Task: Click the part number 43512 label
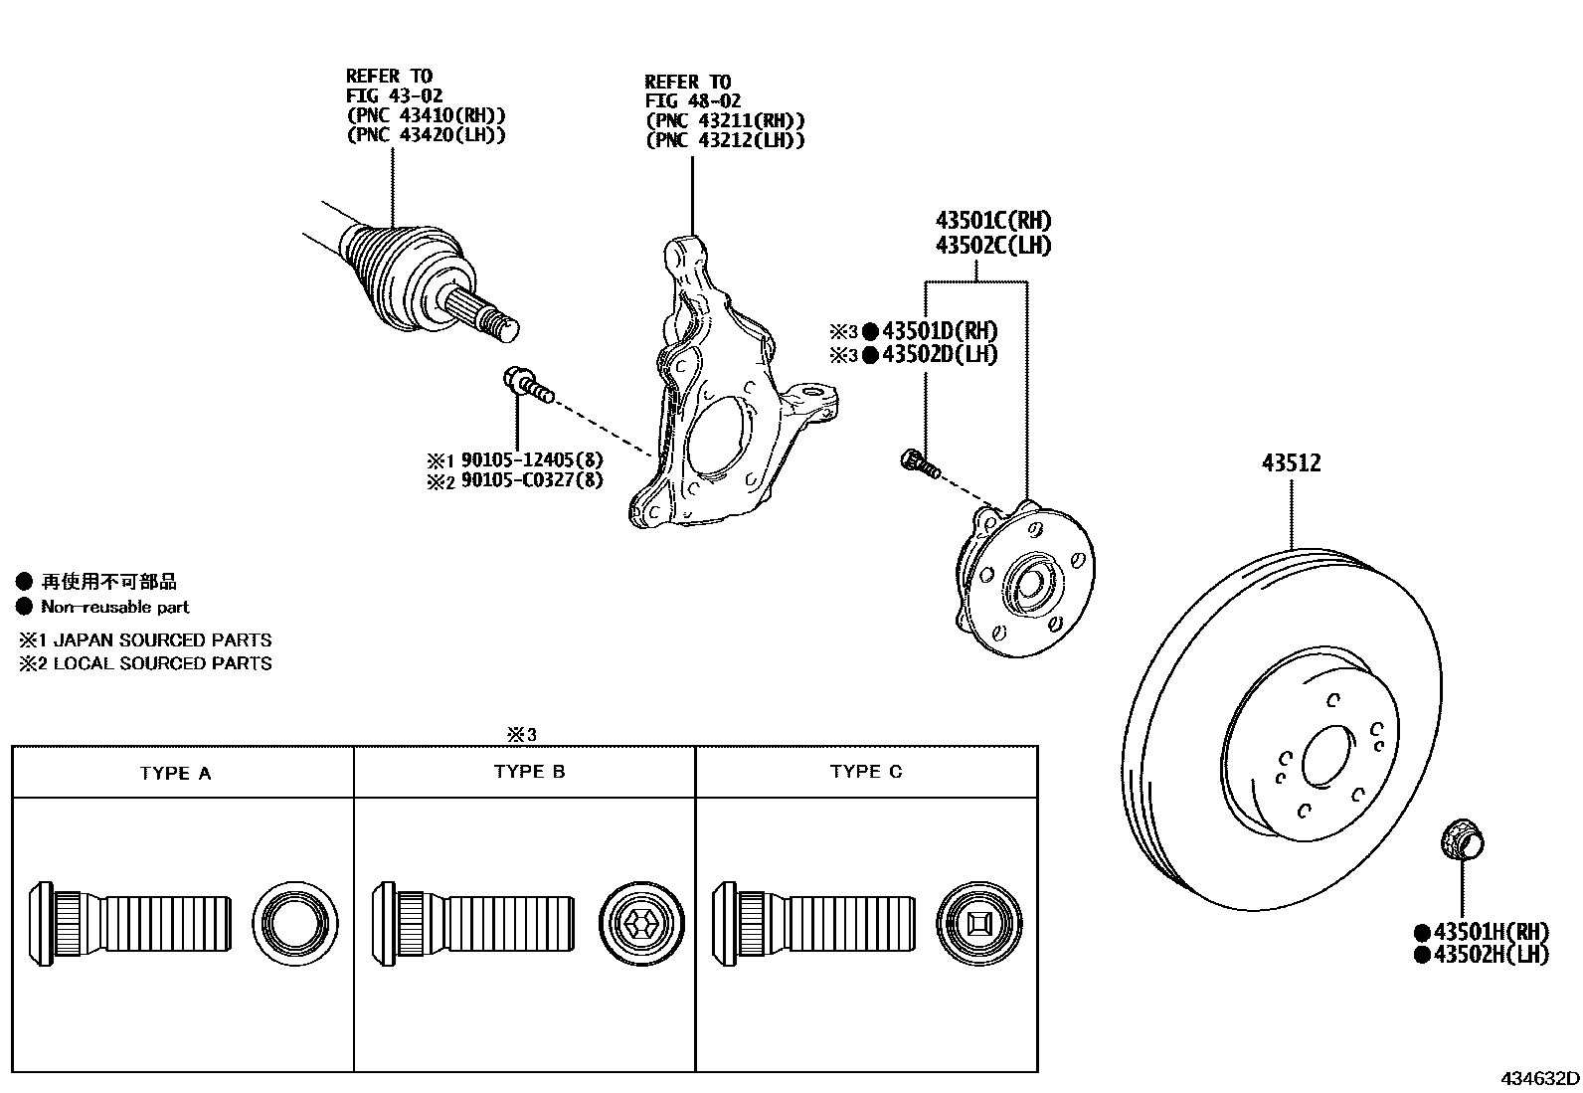pos(1292,462)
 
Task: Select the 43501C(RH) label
pos(992,221)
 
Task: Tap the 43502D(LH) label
pos(939,355)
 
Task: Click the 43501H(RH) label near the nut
pos(1492,932)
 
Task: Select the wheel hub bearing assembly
pos(1024,577)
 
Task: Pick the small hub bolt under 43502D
pos(917,461)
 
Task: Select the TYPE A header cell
pos(176,773)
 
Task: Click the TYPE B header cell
pos(529,772)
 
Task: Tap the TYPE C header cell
pos(866,772)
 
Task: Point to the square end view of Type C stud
pos(978,924)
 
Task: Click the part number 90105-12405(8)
pos(532,460)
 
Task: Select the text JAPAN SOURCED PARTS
pos(162,639)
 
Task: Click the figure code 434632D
pos(1539,1078)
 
